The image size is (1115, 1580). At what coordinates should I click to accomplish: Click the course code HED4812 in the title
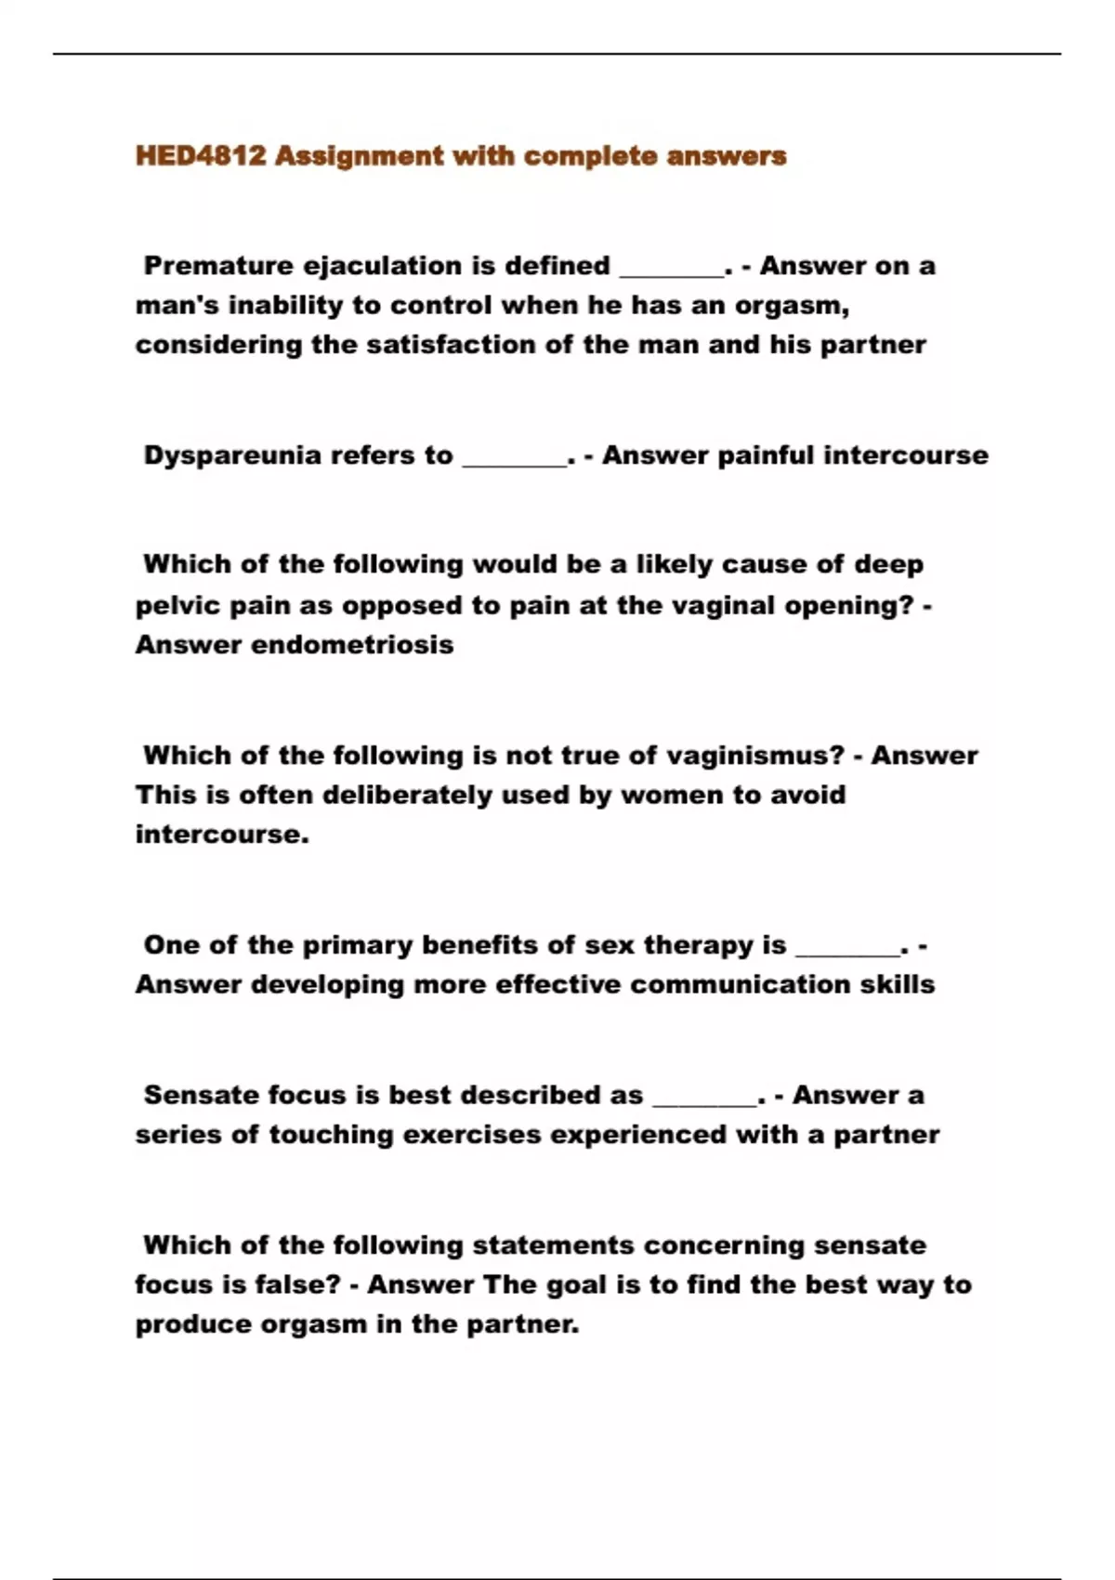coord(200,155)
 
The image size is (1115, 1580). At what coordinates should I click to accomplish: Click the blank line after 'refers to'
coord(514,460)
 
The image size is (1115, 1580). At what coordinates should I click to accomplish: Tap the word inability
coord(293,305)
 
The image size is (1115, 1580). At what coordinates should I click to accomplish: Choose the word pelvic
coord(177,606)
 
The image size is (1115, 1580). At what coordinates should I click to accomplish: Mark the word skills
coord(897,985)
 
